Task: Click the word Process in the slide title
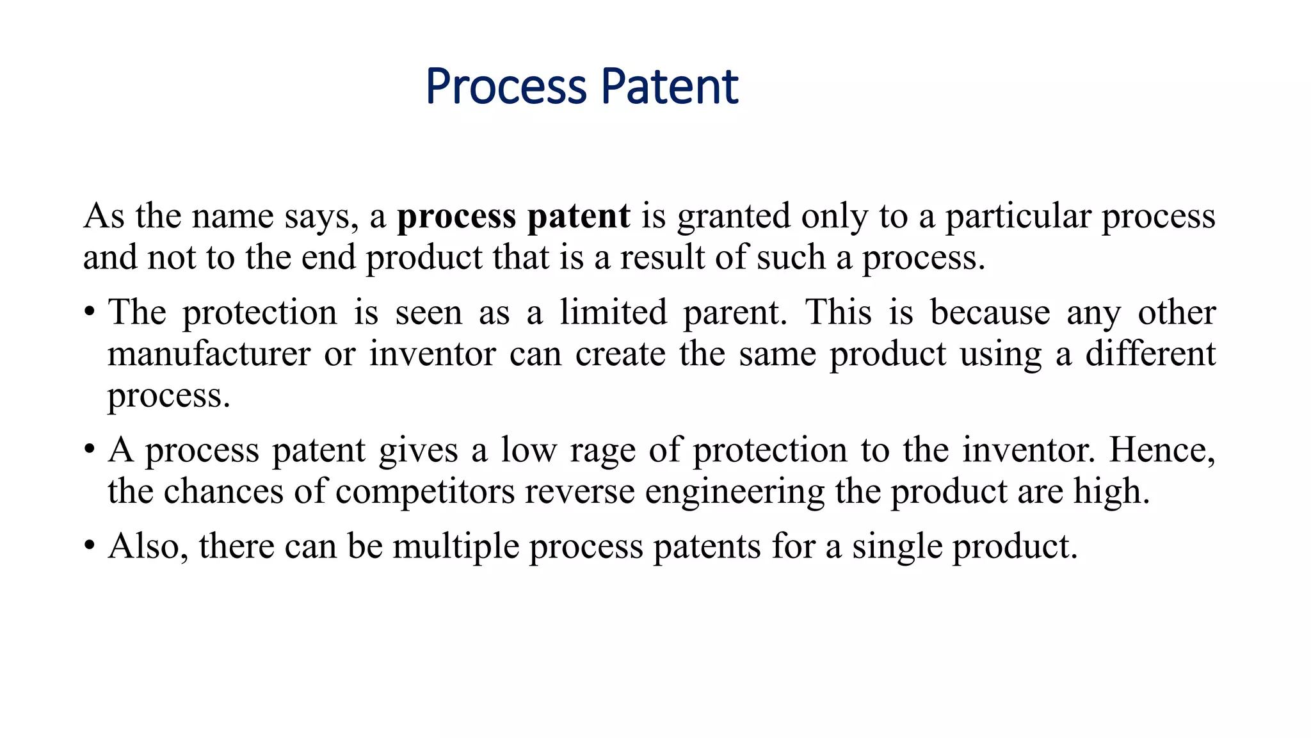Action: point(506,87)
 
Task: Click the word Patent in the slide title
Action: point(670,87)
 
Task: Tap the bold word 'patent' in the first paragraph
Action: point(579,217)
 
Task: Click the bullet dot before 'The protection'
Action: point(90,313)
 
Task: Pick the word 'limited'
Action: point(613,313)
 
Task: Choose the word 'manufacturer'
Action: point(209,354)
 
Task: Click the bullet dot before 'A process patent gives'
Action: point(90,450)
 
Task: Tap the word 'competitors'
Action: point(425,492)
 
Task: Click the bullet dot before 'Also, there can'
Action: point(90,547)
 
